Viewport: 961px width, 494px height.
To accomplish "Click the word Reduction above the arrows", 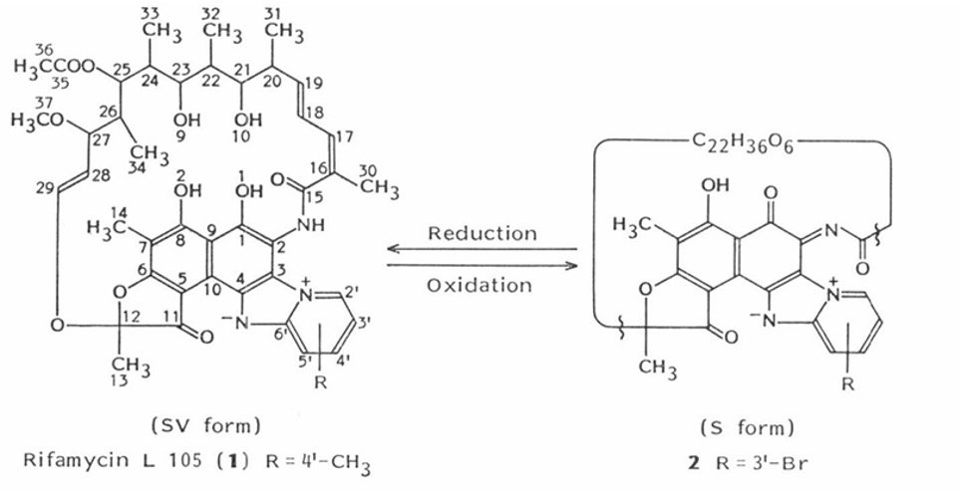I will click(x=481, y=233).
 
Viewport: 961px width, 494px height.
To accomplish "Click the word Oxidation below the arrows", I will click(x=481, y=286).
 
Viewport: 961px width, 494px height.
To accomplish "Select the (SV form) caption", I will click(x=206, y=425).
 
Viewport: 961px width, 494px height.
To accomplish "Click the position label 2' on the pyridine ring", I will click(x=364, y=293).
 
